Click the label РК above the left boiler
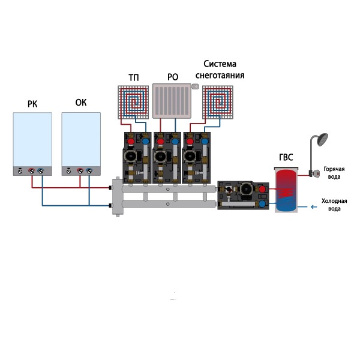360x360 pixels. coord(32,104)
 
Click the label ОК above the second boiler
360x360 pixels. coord(81,103)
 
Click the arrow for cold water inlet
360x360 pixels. coord(313,208)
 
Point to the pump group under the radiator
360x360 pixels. coord(167,158)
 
